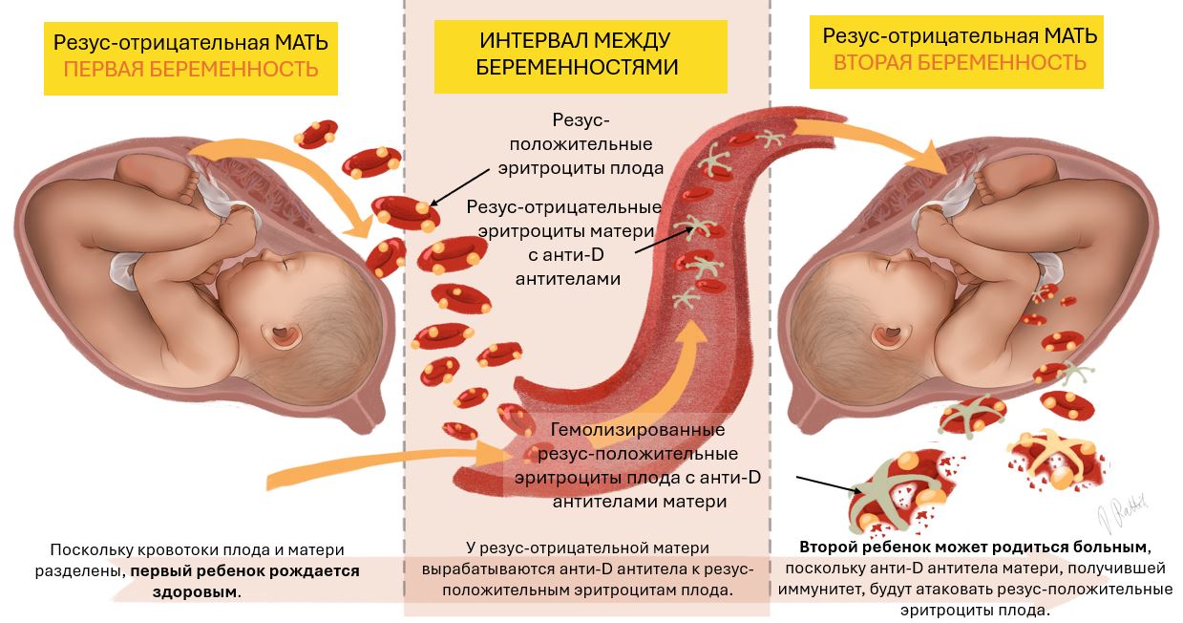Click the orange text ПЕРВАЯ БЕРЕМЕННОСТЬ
click(191, 69)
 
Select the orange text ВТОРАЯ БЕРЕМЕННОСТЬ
click(960, 63)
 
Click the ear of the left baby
click(286, 335)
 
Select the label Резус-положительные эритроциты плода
click(581, 144)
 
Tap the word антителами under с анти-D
click(568, 278)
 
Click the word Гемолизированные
click(638, 430)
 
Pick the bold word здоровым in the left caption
click(195, 591)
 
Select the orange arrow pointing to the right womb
click(872, 140)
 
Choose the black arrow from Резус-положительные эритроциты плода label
click(459, 187)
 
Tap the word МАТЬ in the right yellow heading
click(1070, 36)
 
